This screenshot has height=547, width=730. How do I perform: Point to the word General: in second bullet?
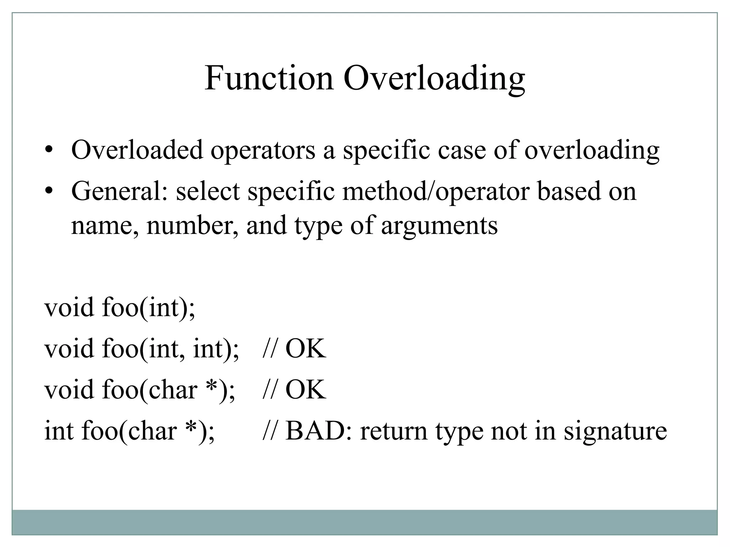[119, 191]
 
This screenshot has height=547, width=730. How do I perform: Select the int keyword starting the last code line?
[58, 431]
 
